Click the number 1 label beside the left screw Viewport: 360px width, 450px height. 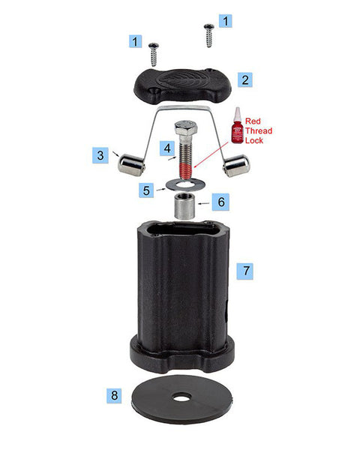tap(135, 42)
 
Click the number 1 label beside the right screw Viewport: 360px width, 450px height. tap(224, 21)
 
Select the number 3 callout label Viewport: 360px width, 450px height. tap(99, 156)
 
